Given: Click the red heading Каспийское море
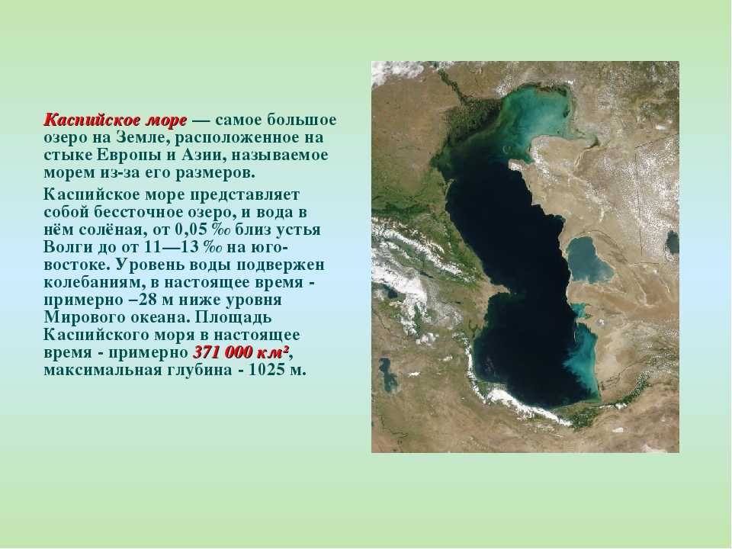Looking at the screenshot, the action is [115, 120].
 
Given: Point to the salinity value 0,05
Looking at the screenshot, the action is [191, 230].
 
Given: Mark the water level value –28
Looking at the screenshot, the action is [143, 300].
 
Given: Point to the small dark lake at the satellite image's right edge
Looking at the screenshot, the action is [673, 242].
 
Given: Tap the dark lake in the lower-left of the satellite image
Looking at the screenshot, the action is [387, 374].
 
